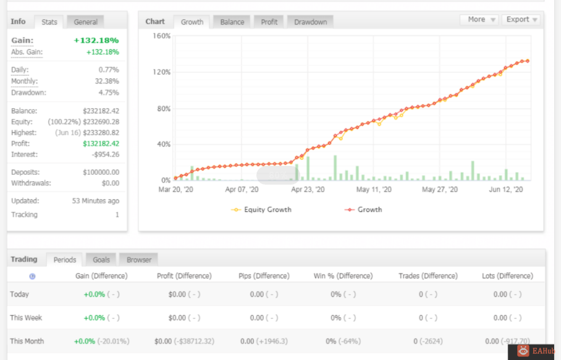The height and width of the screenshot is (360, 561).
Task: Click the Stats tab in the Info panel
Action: tap(49, 22)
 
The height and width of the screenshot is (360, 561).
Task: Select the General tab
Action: tap(85, 22)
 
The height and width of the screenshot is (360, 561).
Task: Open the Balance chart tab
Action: tap(232, 22)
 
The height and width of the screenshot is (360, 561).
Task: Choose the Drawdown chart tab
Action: tap(310, 22)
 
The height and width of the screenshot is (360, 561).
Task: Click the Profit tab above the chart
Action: tap(269, 22)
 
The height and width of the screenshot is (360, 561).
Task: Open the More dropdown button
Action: tap(479, 20)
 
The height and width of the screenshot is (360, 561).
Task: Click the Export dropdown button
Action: tap(521, 20)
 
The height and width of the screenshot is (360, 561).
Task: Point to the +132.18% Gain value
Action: tap(96, 40)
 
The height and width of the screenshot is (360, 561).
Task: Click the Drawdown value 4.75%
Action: tap(109, 93)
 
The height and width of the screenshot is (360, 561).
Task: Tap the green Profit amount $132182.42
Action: tap(101, 144)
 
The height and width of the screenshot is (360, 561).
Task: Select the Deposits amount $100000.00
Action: tap(101, 172)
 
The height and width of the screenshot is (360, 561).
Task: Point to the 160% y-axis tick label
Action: tap(162, 36)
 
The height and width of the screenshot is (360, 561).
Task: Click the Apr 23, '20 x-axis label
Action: tap(308, 190)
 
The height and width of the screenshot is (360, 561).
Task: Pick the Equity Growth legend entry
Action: tap(261, 210)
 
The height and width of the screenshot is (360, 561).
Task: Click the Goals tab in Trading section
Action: tap(101, 260)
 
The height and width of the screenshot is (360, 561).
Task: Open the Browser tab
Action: tap(139, 260)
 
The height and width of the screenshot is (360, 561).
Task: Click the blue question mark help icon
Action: tap(32, 277)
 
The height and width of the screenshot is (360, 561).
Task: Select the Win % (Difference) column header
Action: tap(343, 276)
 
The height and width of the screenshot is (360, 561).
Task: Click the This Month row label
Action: tap(27, 341)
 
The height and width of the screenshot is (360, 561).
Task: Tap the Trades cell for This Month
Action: tap(428, 341)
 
